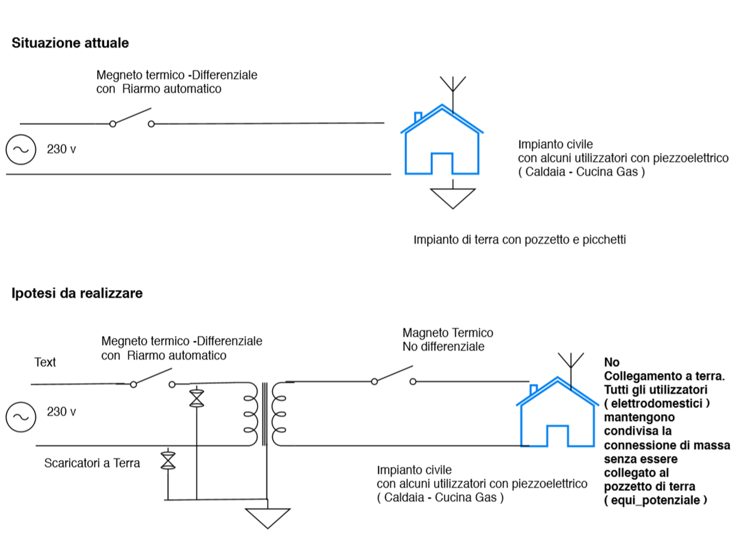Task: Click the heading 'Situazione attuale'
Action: pyautogui.click(x=70, y=43)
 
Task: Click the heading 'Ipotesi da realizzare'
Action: pyautogui.click(x=77, y=293)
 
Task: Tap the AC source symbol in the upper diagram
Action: pyautogui.click(x=21, y=149)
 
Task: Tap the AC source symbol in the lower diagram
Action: pyautogui.click(x=21, y=417)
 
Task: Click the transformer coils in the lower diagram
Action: pyautogui.click(x=264, y=414)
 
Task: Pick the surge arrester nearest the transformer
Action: pyautogui.click(x=197, y=399)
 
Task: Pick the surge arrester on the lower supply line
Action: pyautogui.click(x=168, y=460)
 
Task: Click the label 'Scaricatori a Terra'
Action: pyautogui.click(x=92, y=463)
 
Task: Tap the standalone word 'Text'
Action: pyautogui.click(x=45, y=362)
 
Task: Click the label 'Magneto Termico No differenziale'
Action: pyautogui.click(x=447, y=340)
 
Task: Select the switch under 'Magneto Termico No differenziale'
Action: pyautogui.click(x=394, y=376)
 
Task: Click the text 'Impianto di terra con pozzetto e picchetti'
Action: pyautogui.click(x=519, y=240)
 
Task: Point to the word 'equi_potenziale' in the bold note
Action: pyautogui.click(x=655, y=500)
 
